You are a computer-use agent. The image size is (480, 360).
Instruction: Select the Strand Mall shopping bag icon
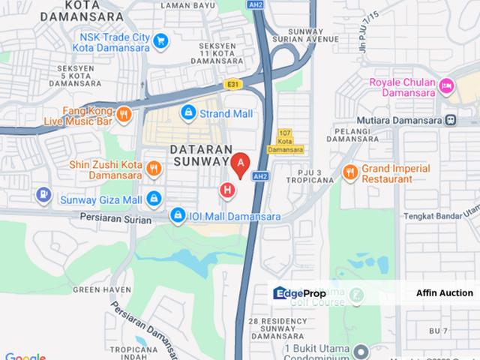pyautogui.click(x=188, y=113)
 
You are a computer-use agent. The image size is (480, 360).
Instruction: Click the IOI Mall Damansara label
pyautogui.click(x=223, y=216)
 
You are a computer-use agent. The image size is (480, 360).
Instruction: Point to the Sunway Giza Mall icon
pyautogui.click(x=154, y=198)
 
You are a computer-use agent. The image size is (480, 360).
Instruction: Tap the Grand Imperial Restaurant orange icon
pyautogui.click(x=350, y=172)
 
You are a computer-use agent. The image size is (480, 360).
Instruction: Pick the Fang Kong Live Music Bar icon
pyautogui.click(x=124, y=114)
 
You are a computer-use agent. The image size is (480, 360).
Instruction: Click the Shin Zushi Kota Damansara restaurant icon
pyautogui.click(x=154, y=168)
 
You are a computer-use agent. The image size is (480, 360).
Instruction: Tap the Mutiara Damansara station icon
pyautogui.click(x=451, y=118)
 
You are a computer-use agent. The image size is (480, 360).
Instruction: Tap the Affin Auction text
pyautogui.click(x=445, y=292)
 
